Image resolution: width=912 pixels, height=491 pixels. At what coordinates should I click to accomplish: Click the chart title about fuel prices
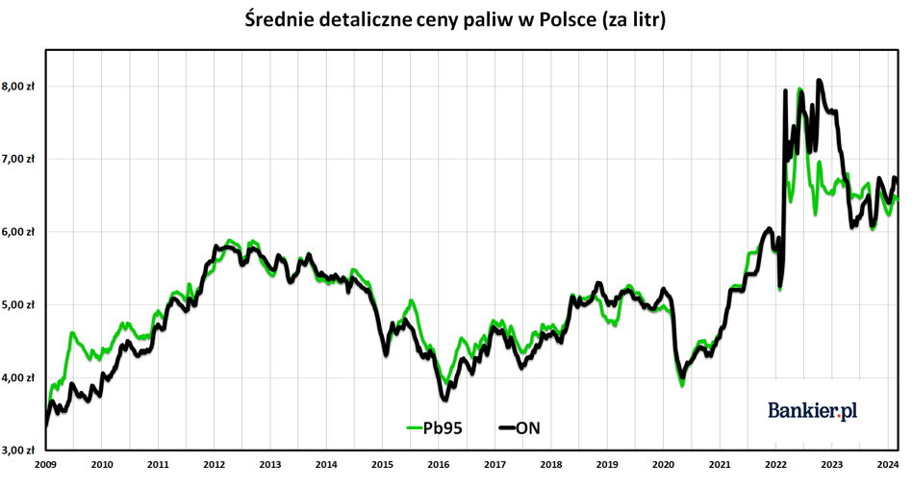[x=455, y=19]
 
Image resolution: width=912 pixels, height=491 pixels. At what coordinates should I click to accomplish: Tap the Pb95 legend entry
[x=435, y=428]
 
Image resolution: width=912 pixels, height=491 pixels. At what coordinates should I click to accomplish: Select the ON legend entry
[x=519, y=428]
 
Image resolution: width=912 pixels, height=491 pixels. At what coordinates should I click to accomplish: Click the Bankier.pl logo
[x=813, y=411]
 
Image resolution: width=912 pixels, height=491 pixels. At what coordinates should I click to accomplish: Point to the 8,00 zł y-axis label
[x=18, y=86]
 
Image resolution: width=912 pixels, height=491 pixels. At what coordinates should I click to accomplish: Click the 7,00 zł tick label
[x=18, y=159]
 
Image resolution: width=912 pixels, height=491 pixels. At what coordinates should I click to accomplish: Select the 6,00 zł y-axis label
[x=18, y=231]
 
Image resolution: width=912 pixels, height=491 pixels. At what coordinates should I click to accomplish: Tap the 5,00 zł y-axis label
[x=18, y=304]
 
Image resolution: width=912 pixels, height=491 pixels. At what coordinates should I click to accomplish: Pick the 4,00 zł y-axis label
[x=18, y=377]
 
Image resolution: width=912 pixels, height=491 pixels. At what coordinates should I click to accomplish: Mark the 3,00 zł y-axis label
[x=18, y=451]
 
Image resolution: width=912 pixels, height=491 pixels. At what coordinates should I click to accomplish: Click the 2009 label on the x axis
[x=45, y=464]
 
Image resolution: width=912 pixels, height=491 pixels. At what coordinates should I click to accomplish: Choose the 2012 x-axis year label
[x=214, y=464]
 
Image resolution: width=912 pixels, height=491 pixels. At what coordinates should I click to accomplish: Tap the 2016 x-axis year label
[x=439, y=464]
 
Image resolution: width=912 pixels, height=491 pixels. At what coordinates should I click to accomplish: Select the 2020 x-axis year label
[x=663, y=464]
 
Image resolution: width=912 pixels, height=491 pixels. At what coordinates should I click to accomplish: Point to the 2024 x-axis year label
[x=888, y=464]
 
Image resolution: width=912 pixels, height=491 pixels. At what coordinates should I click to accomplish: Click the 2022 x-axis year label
[x=776, y=464]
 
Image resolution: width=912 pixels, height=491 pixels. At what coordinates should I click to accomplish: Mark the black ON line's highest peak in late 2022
[x=819, y=80]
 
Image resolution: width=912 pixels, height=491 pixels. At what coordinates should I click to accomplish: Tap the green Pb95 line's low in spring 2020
[x=682, y=385]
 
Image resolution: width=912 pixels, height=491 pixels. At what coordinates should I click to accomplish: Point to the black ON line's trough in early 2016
[x=445, y=400]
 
